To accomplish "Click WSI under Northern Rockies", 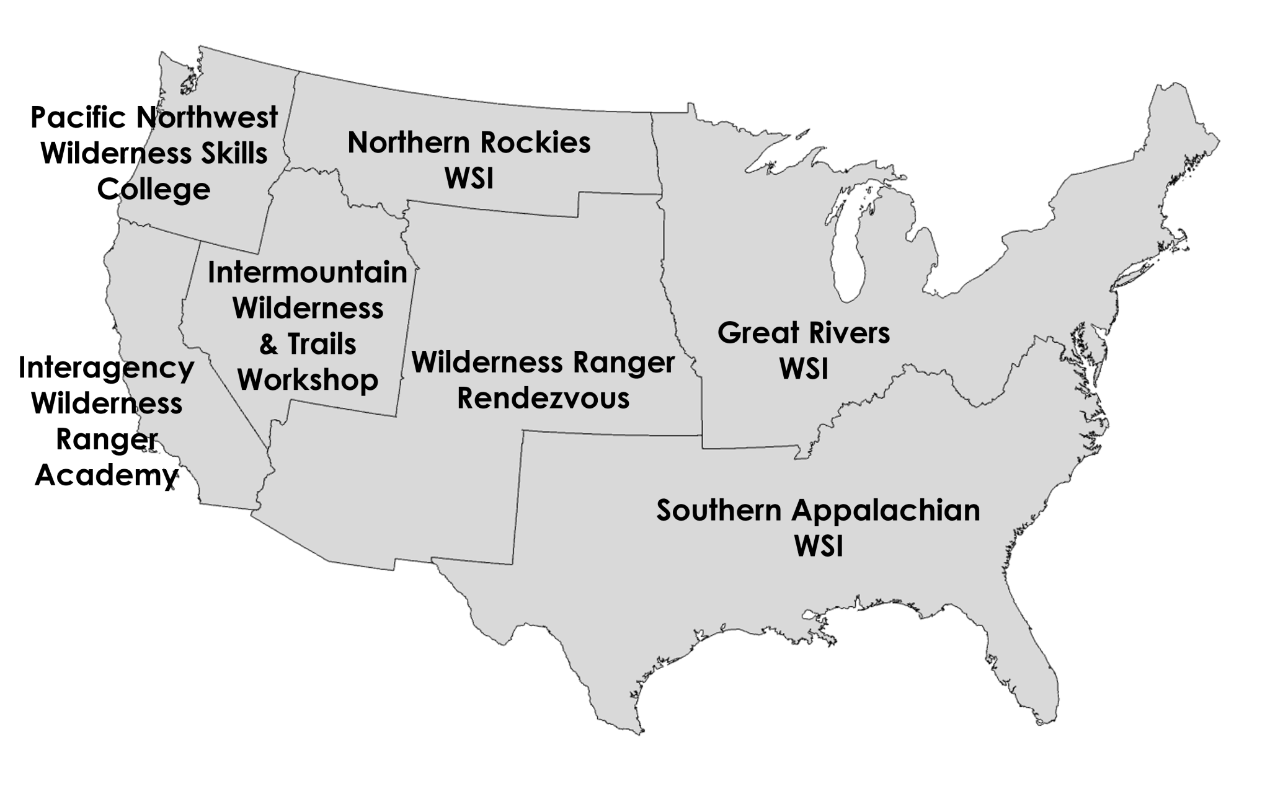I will point(469,179).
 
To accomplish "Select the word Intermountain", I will point(307,273).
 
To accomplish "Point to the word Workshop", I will point(308,380).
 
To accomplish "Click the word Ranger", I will point(624,363).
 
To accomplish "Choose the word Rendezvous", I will point(543,399).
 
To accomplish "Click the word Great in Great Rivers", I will point(749,333).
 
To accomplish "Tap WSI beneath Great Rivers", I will point(804,369).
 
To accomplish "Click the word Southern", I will point(719,511).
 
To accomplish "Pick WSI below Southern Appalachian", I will point(819,547).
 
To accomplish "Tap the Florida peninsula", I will point(1017,669).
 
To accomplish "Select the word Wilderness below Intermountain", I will point(308,309).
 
